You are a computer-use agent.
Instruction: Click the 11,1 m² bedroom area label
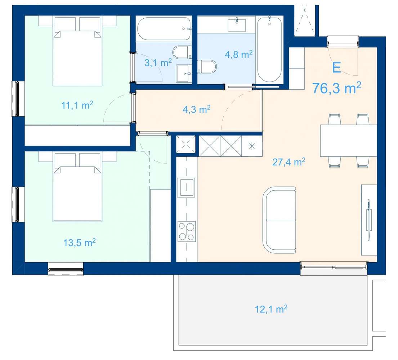[x=77, y=105]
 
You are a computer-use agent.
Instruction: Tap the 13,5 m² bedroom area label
[x=80, y=243]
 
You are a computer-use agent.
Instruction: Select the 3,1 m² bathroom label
[x=158, y=62]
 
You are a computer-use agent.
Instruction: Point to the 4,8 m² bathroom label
[x=238, y=54]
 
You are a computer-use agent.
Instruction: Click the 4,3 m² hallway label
[x=196, y=110]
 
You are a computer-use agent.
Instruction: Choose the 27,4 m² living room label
[x=289, y=162]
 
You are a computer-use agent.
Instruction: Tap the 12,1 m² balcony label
[x=271, y=309]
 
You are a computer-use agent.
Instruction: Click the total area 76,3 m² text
[x=336, y=88]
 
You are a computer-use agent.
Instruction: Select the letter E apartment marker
[x=336, y=68]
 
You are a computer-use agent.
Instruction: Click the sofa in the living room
[x=280, y=220]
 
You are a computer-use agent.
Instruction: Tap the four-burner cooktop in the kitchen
[x=187, y=231]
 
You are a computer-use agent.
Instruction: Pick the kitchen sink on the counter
[x=187, y=187]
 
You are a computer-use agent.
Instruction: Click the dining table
[x=348, y=141]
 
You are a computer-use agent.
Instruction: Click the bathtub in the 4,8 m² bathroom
[x=269, y=49]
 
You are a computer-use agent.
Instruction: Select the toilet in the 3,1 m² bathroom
[x=182, y=53]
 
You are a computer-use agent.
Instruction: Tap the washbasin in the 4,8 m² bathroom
[x=237, y=25]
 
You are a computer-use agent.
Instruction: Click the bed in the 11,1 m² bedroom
[x=77, y=51]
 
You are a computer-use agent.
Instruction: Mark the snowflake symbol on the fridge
[x=251, y=146]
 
